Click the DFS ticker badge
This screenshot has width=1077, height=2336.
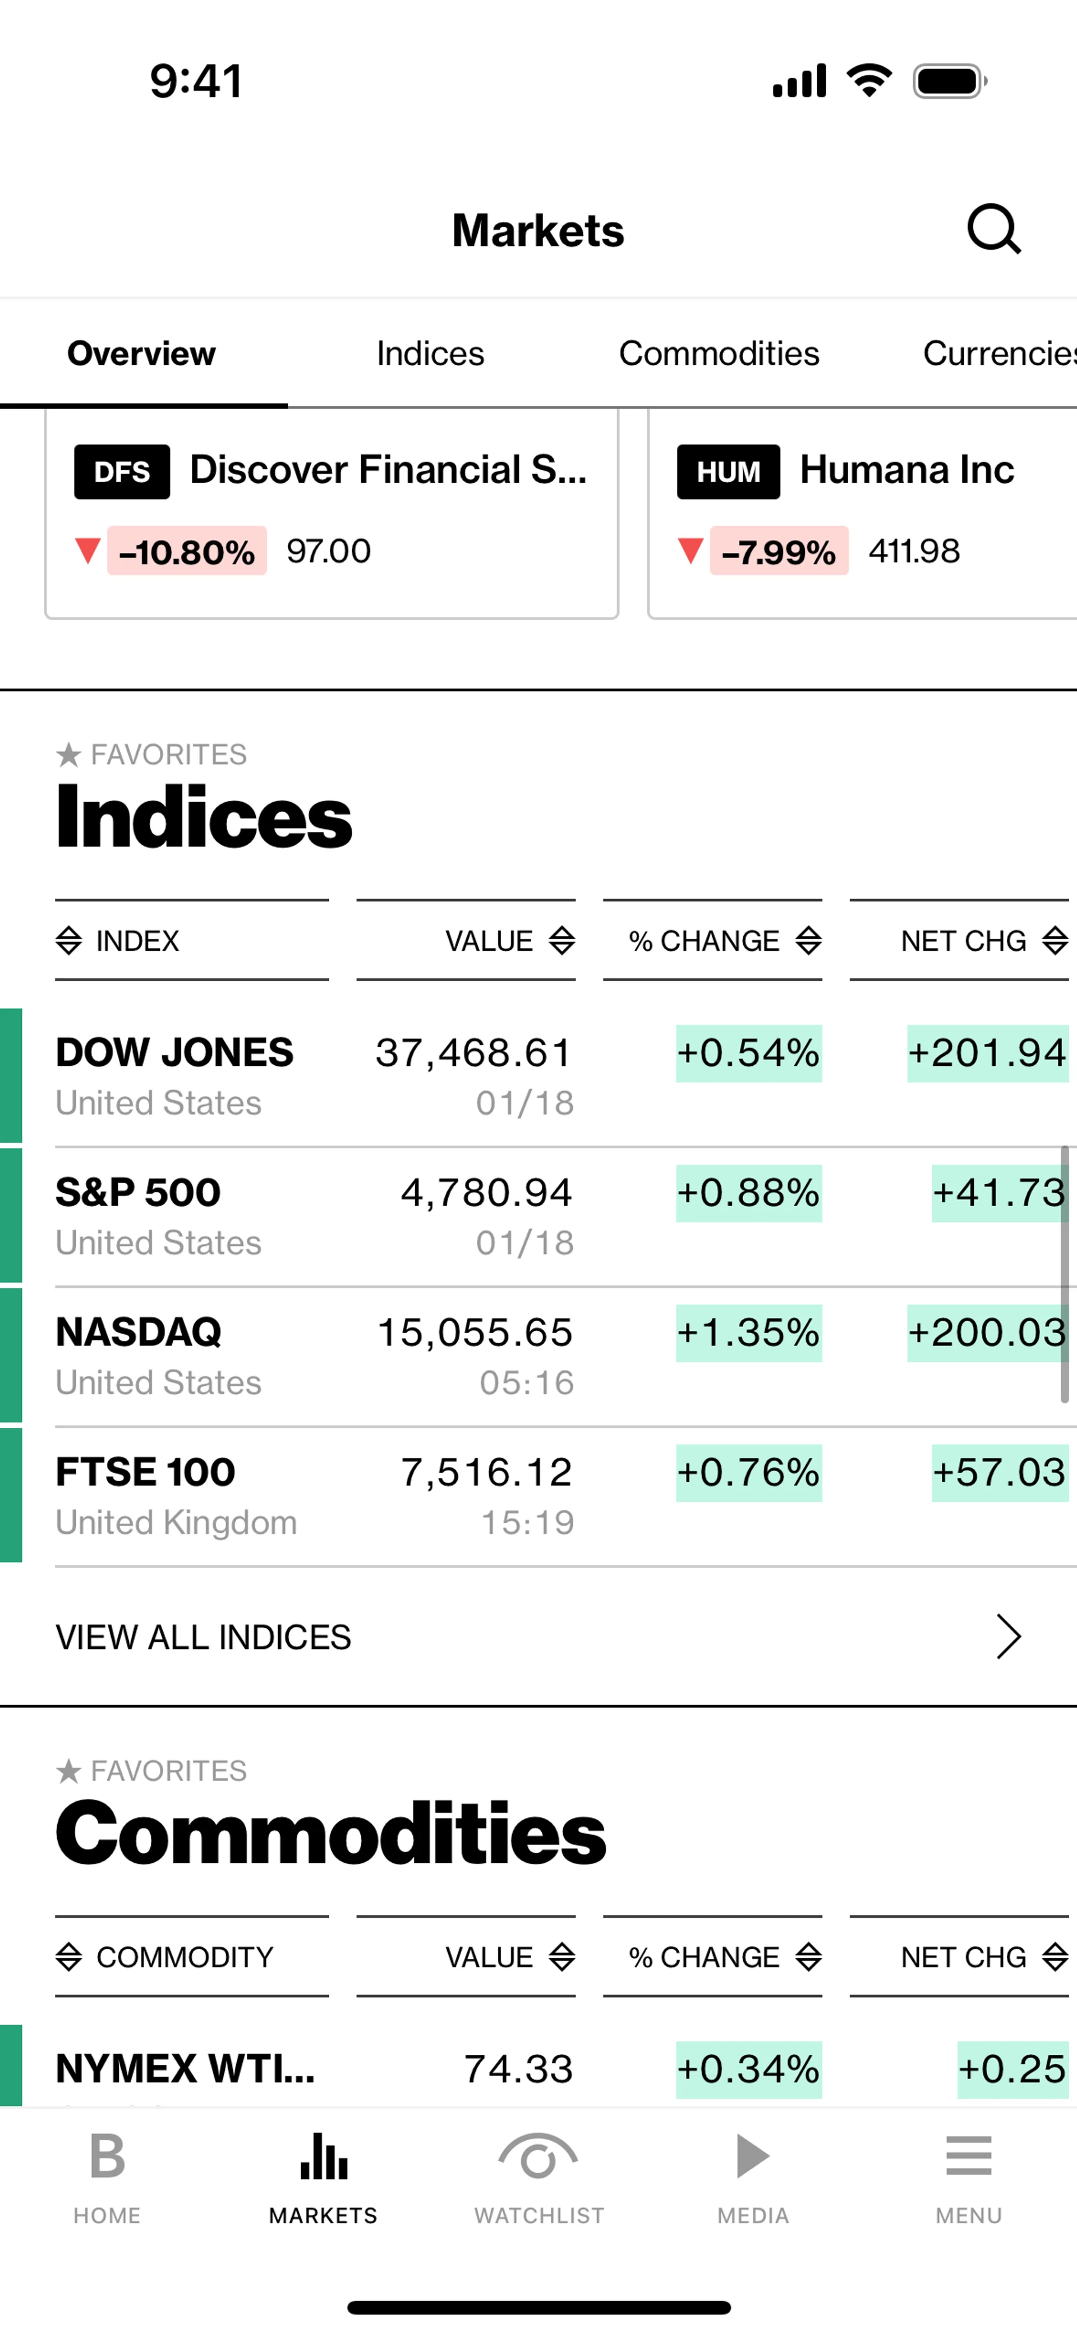coord(122,471)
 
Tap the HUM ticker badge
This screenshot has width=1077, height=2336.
coord(728,471)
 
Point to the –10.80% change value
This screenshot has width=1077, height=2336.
coord(187,551)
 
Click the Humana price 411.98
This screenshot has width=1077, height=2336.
coord(914,551)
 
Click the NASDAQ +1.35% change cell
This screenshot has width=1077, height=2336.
coord(749,1332)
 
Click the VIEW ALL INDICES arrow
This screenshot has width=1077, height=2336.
coord(1008,1637)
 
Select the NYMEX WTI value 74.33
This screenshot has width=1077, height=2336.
coord(518,2068)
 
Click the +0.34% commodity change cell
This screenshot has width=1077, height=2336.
coord(749,2068)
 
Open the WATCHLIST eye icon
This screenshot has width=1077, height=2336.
coord(538,2158)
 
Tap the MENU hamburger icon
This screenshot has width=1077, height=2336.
coord(968,2156)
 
